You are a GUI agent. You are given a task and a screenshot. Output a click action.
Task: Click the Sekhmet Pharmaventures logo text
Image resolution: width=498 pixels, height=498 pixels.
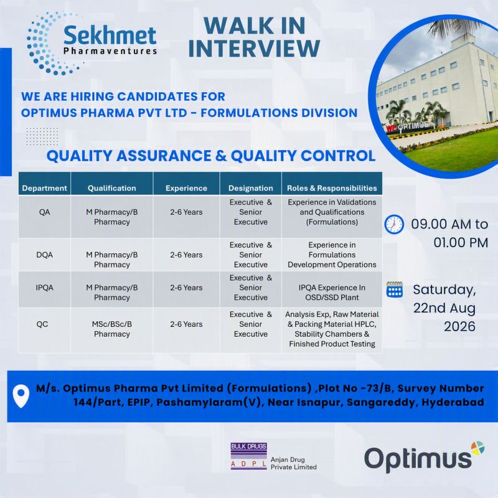tap(110, 40)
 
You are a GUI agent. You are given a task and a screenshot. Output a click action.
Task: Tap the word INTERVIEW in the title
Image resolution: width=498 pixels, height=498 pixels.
tap(254, 49)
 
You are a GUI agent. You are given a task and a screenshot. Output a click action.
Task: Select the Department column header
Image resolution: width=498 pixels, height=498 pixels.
tap(44, 188)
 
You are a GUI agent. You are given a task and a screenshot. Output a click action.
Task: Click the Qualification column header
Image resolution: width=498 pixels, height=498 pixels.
tap(112, 188)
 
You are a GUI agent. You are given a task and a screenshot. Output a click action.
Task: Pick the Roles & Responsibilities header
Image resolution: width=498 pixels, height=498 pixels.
tap(332, 188)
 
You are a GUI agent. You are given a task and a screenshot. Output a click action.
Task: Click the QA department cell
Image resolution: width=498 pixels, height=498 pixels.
tap(44, 212)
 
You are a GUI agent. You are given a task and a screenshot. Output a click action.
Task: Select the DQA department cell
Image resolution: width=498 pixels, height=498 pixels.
tap(44, 255)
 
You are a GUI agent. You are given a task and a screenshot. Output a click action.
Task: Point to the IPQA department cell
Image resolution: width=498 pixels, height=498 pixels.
tap(44, 288)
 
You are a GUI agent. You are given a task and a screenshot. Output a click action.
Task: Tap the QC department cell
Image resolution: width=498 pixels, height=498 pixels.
tap(42, 324)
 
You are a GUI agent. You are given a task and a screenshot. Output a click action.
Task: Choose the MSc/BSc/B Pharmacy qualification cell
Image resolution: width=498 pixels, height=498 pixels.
tap(112, 329)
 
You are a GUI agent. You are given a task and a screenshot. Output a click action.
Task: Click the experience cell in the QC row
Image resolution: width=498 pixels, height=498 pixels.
tap(186, 324)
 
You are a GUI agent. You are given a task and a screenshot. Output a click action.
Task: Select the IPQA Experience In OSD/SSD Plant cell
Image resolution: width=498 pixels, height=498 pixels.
tap(332, 292)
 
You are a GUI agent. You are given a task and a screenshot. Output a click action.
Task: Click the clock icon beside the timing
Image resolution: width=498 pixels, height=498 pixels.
tap(394, 224)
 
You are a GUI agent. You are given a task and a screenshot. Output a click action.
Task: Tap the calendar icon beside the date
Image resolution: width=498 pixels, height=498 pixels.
tap(395, 289)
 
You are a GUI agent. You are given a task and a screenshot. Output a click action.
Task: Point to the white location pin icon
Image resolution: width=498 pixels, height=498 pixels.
tap(21, 396)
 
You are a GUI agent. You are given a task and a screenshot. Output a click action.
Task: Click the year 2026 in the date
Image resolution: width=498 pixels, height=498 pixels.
tap(459, 326)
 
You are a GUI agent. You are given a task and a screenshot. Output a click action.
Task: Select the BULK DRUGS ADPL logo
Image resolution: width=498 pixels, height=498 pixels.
tap(248, 456)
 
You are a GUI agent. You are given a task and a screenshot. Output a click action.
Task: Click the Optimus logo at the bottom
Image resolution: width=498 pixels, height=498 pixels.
tap(424, 458)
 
